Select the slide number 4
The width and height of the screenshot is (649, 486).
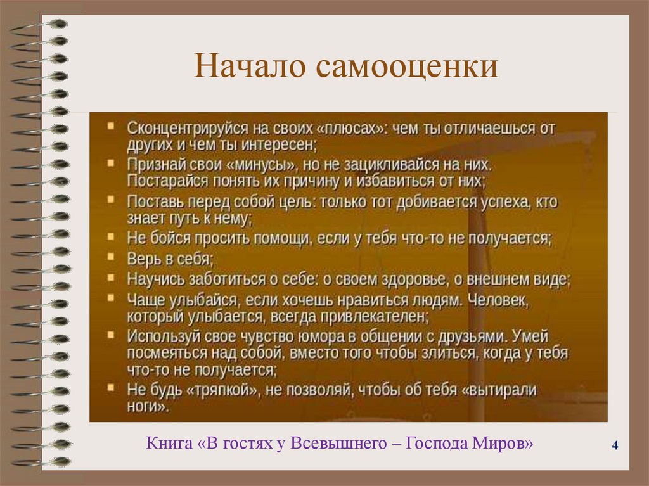[615, 446]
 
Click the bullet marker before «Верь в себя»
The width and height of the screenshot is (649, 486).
[112, 258]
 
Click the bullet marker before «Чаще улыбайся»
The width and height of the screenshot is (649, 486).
[112, 297]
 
